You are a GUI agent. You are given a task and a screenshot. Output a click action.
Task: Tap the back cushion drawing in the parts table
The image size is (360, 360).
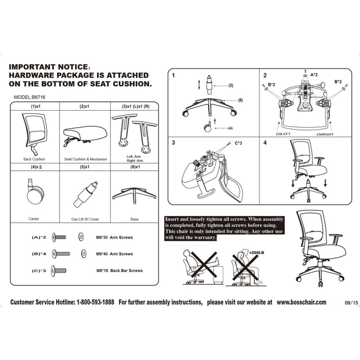click(x=34, y=134)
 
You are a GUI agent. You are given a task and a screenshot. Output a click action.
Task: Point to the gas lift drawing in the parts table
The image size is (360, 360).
click(x=85, y=194)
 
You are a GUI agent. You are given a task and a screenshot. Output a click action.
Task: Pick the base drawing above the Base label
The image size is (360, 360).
click(x=134, y=195)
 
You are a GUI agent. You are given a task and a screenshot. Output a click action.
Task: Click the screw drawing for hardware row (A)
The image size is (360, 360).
click(x=59, y=237)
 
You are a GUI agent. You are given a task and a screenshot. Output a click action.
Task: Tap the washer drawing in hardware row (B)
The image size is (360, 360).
click(x=84, y=254)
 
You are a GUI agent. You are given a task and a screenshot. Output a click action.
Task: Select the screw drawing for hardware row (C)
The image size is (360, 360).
click(x=59, y=271)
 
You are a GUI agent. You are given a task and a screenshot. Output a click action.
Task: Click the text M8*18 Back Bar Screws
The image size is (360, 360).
click(x=119, y=271)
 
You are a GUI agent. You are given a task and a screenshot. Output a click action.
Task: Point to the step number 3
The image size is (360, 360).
click(x=173, y=143)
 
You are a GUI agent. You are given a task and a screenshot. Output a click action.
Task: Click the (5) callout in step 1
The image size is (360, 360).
click(x=231, y=86)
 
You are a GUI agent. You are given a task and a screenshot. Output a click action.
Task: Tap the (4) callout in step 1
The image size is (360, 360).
click(x=230, y=128)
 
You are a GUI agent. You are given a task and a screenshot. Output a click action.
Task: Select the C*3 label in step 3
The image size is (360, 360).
click(x=238, y=143)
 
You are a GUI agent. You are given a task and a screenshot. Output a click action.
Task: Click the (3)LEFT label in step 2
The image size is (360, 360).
click(x=283, y=134)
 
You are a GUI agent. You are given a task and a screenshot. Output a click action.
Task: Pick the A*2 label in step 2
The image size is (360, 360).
click(x=314, y=75)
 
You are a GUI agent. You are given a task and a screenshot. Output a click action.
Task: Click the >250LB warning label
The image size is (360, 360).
click(x=257, y=253)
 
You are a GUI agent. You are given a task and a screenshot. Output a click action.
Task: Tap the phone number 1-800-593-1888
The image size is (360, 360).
click(x=95, y=302)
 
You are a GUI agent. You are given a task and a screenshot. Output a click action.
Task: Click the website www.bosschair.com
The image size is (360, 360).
click(x=301, y=302)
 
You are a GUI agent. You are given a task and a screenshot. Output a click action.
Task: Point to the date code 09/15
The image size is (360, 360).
click(x=351, y=303)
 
